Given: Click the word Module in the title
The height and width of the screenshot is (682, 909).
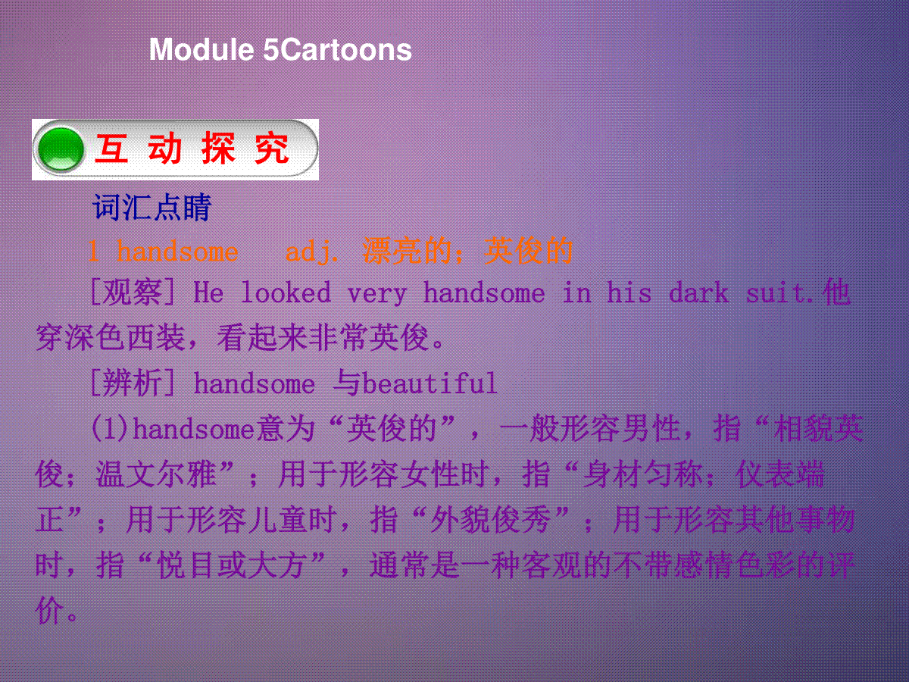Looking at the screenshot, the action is pyautogui.click(x=201, y=50).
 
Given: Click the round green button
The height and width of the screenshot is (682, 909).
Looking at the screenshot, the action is pyautogui.click(x=61, y=149).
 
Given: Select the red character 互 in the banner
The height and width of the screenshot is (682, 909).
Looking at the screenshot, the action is pyautogui.click(x=111, y=149).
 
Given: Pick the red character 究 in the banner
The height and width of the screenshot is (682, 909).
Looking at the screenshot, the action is pyautogui.click(x=272, y=149).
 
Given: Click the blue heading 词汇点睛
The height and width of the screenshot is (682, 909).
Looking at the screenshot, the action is pyautogui.click(x=152, y=207).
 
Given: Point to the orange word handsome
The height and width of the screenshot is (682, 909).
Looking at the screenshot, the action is pyautogui.click(x=177, y=252).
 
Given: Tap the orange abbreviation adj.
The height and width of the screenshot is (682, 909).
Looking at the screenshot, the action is pyautogui.click(x=311, y=252).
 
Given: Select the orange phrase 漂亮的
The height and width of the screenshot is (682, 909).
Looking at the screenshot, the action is pyautogui.click(x=407, y=251).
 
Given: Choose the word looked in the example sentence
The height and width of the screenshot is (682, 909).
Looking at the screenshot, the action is pyautogui.click(x=286, y=293).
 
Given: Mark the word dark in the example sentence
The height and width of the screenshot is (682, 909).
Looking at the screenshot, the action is pyautogui.click(x=698, y=293).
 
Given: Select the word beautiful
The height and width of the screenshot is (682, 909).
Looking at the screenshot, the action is pyautogui.click(x=430, y=383).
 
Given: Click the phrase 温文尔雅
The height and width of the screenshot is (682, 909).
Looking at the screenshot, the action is pyautogui.click(x=156, y=474).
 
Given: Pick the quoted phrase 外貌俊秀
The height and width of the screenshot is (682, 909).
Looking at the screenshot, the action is pyautogui.click(x=491, y=520).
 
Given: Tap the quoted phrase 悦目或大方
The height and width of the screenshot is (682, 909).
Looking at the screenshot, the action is pyautogui.click(x=232, y=565).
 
